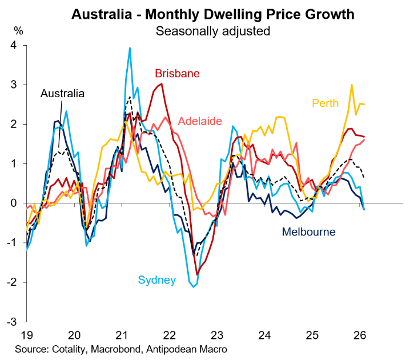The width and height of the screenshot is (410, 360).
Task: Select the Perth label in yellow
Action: click(325, 103)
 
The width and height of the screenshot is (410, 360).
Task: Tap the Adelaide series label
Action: click(200, 121)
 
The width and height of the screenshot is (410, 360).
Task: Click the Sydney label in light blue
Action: click(156, 280)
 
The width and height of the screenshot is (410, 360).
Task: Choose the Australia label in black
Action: click(62, 93)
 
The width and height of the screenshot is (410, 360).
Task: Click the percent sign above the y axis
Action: click(18, 30)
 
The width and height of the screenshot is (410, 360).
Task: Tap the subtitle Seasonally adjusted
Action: click(212, 31)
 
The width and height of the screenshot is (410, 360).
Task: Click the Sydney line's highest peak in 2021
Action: click(130, 48)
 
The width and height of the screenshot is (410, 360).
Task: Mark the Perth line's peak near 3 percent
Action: click(352, 85)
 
